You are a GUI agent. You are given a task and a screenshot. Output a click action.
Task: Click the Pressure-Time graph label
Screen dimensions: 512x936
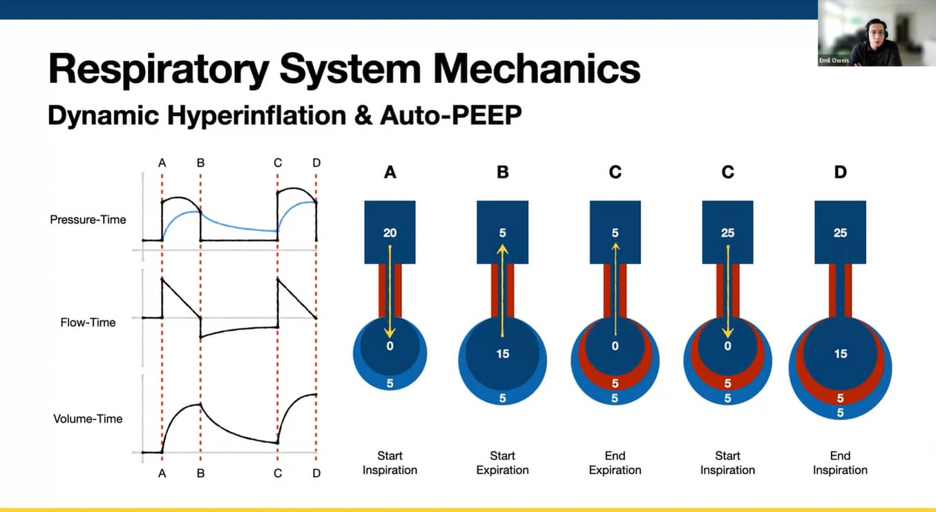pyautogui.click(x=88, y=220)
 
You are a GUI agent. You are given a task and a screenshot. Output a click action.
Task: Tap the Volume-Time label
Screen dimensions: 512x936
pyautogui.click(x=88, y=418)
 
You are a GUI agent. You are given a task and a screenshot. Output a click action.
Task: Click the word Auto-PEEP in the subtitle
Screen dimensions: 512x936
pyautogui.click(x=450, y=115)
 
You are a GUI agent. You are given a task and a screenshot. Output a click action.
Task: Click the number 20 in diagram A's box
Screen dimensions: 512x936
pyautogui.click(x=390, y=233)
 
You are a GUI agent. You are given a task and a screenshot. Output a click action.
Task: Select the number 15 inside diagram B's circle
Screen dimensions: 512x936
pyautogui.click(x=502, y=353)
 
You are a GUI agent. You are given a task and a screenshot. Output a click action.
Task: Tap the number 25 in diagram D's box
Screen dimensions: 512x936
pyautogui.click(x=840, y=233)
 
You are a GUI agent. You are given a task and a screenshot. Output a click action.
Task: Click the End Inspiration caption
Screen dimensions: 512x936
pyautogui.click(x=840, y=463)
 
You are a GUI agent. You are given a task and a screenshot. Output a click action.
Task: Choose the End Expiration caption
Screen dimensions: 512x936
pyautogui.click(x=615, y=463)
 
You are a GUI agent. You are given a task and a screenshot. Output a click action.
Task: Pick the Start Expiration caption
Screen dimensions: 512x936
pyautogui.click(x=502, y=463)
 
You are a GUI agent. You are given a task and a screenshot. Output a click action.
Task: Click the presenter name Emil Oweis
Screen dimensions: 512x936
pyautogui.click(x=834, y=61)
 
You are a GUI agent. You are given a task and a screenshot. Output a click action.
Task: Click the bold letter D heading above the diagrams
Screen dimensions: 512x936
pyautogui.click(x=840, y=172)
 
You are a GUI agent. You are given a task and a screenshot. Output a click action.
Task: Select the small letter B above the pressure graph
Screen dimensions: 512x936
pyautogui.click(x=200, y=163)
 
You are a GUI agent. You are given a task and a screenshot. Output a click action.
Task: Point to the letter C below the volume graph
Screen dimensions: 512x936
pyautogui.click(x=278, y=473)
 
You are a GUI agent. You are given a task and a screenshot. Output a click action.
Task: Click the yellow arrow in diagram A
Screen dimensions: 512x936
pyautogui.click(x=390, y=290)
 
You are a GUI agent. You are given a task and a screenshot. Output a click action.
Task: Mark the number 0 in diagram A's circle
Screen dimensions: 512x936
pyautogui.click(x=390, y=345)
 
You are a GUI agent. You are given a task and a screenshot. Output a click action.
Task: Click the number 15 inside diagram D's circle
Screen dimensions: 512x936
pyautogui.click(x=840, y=353)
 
